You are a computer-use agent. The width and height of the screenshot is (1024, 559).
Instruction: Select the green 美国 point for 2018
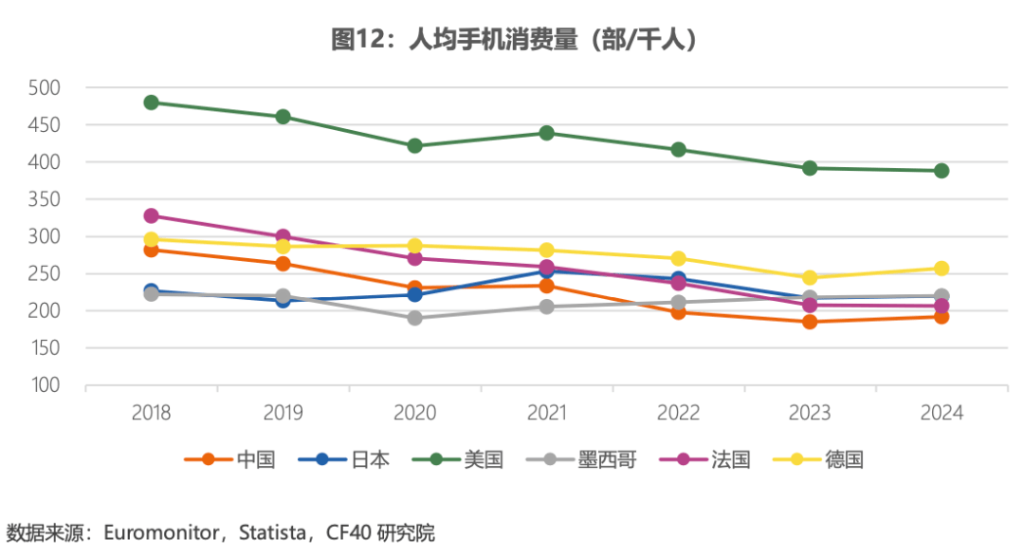click(x=151, y=102)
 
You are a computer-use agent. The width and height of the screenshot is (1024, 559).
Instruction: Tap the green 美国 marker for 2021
click(x=547, y=133)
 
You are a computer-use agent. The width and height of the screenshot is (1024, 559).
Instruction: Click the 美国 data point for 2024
click(x=942, y=171)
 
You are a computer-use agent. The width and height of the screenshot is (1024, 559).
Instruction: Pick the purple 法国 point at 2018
click(x=151, y=216)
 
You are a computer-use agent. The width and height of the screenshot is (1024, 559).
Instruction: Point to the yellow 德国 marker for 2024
click(x=942, y=269)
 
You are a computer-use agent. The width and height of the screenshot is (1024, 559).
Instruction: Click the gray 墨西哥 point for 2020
click(x=415, y=318)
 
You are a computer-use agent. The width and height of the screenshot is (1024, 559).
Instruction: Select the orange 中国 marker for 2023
click(x=810, y=322)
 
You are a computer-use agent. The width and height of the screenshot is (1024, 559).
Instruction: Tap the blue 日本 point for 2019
click(x=283, y=300)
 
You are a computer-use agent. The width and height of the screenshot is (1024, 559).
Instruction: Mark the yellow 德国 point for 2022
click(x=679, y=258)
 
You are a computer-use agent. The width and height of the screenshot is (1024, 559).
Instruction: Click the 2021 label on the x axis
click(x=547, y=413)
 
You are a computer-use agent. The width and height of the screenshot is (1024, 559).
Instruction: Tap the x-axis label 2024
click(x=942, y=413)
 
